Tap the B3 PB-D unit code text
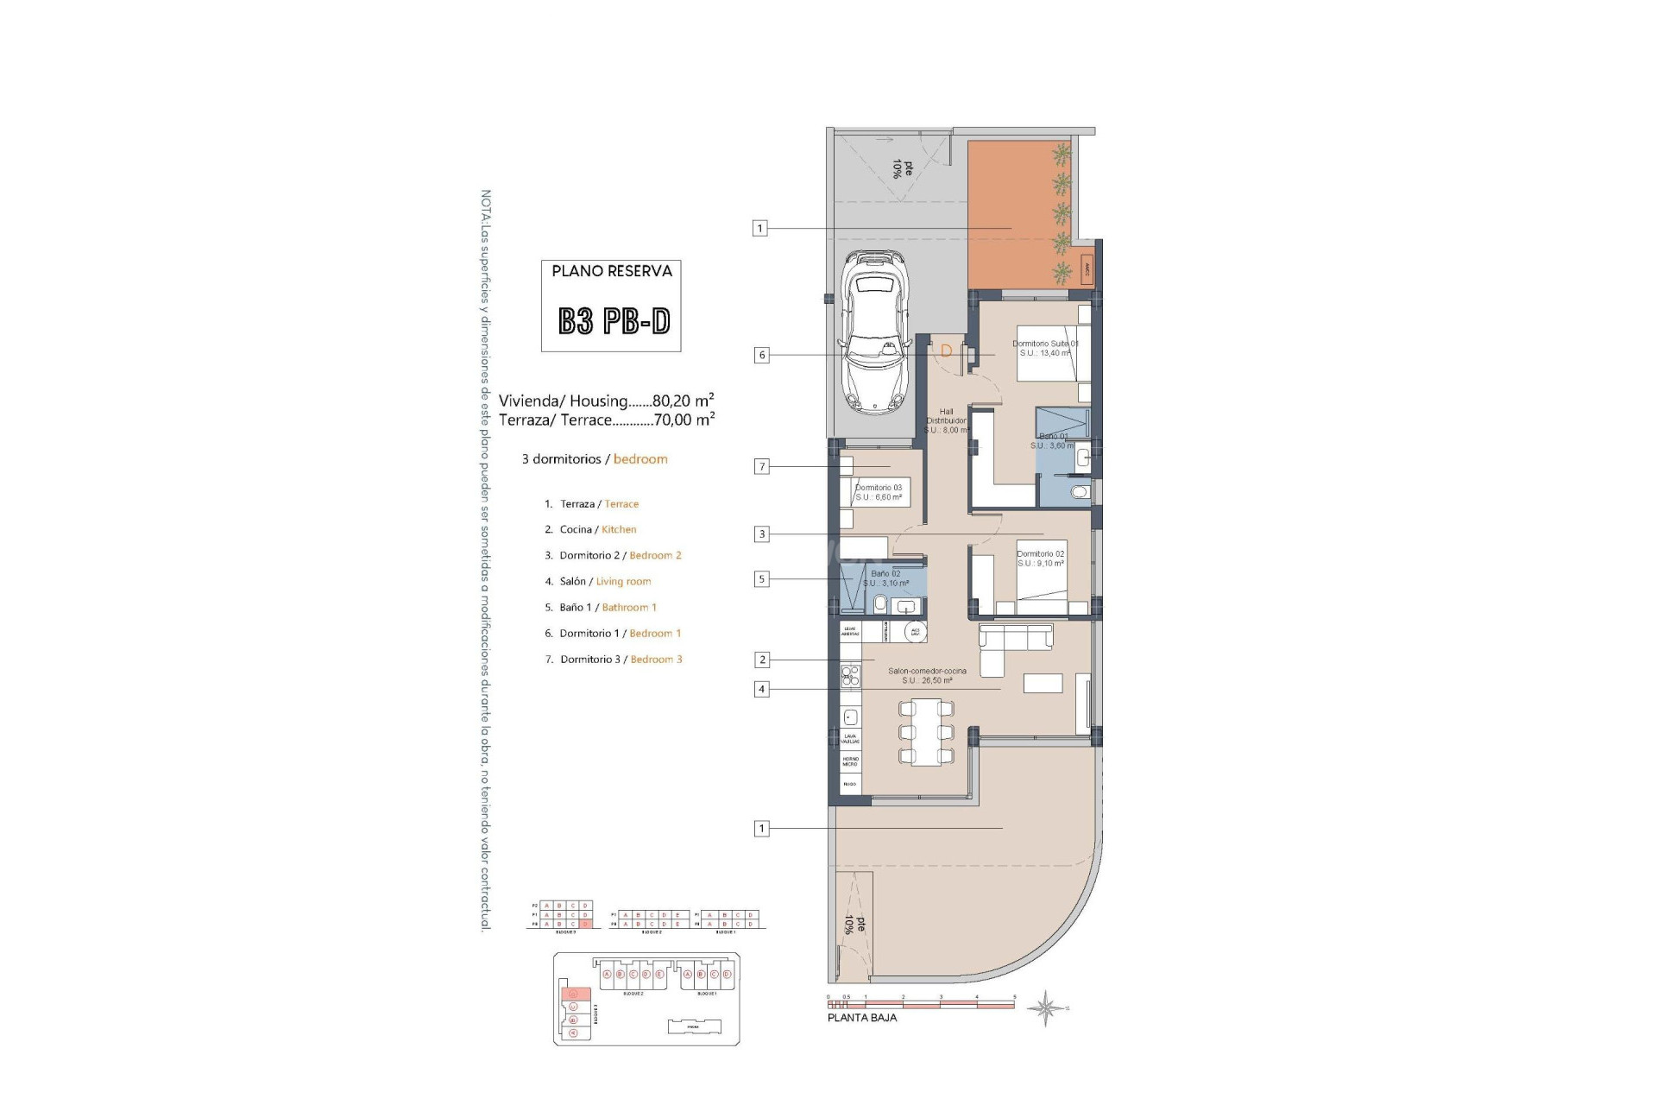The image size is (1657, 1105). click(x=614, y=321)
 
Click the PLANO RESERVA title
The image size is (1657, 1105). click(x=612, y=271)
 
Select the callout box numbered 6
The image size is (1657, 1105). click(x=761, y=355)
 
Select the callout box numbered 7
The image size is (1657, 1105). click(x=761, y=466)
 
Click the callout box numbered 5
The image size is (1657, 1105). click(x=761, y=579)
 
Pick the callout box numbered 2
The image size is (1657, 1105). click(x=761, y=660)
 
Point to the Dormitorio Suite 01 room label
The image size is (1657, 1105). click(x=1045, y=348)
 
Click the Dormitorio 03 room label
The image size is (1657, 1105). click(x=879, y=492)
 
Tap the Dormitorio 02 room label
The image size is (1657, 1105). click(x=1040, y=559)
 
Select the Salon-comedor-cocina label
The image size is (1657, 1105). click(x=927, y=675)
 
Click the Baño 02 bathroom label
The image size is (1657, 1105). click(x=885, y=578)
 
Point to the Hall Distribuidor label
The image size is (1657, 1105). click(x=947, y=420)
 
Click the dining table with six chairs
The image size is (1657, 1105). click(x=926, y=733)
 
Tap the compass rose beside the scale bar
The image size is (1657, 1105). click(x=1045, y=1007)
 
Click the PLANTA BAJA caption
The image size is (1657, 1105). click(x=862, y=1018)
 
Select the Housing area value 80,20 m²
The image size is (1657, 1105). click(x=683, y=401)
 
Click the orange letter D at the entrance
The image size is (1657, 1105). click(x=946, y=351)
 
